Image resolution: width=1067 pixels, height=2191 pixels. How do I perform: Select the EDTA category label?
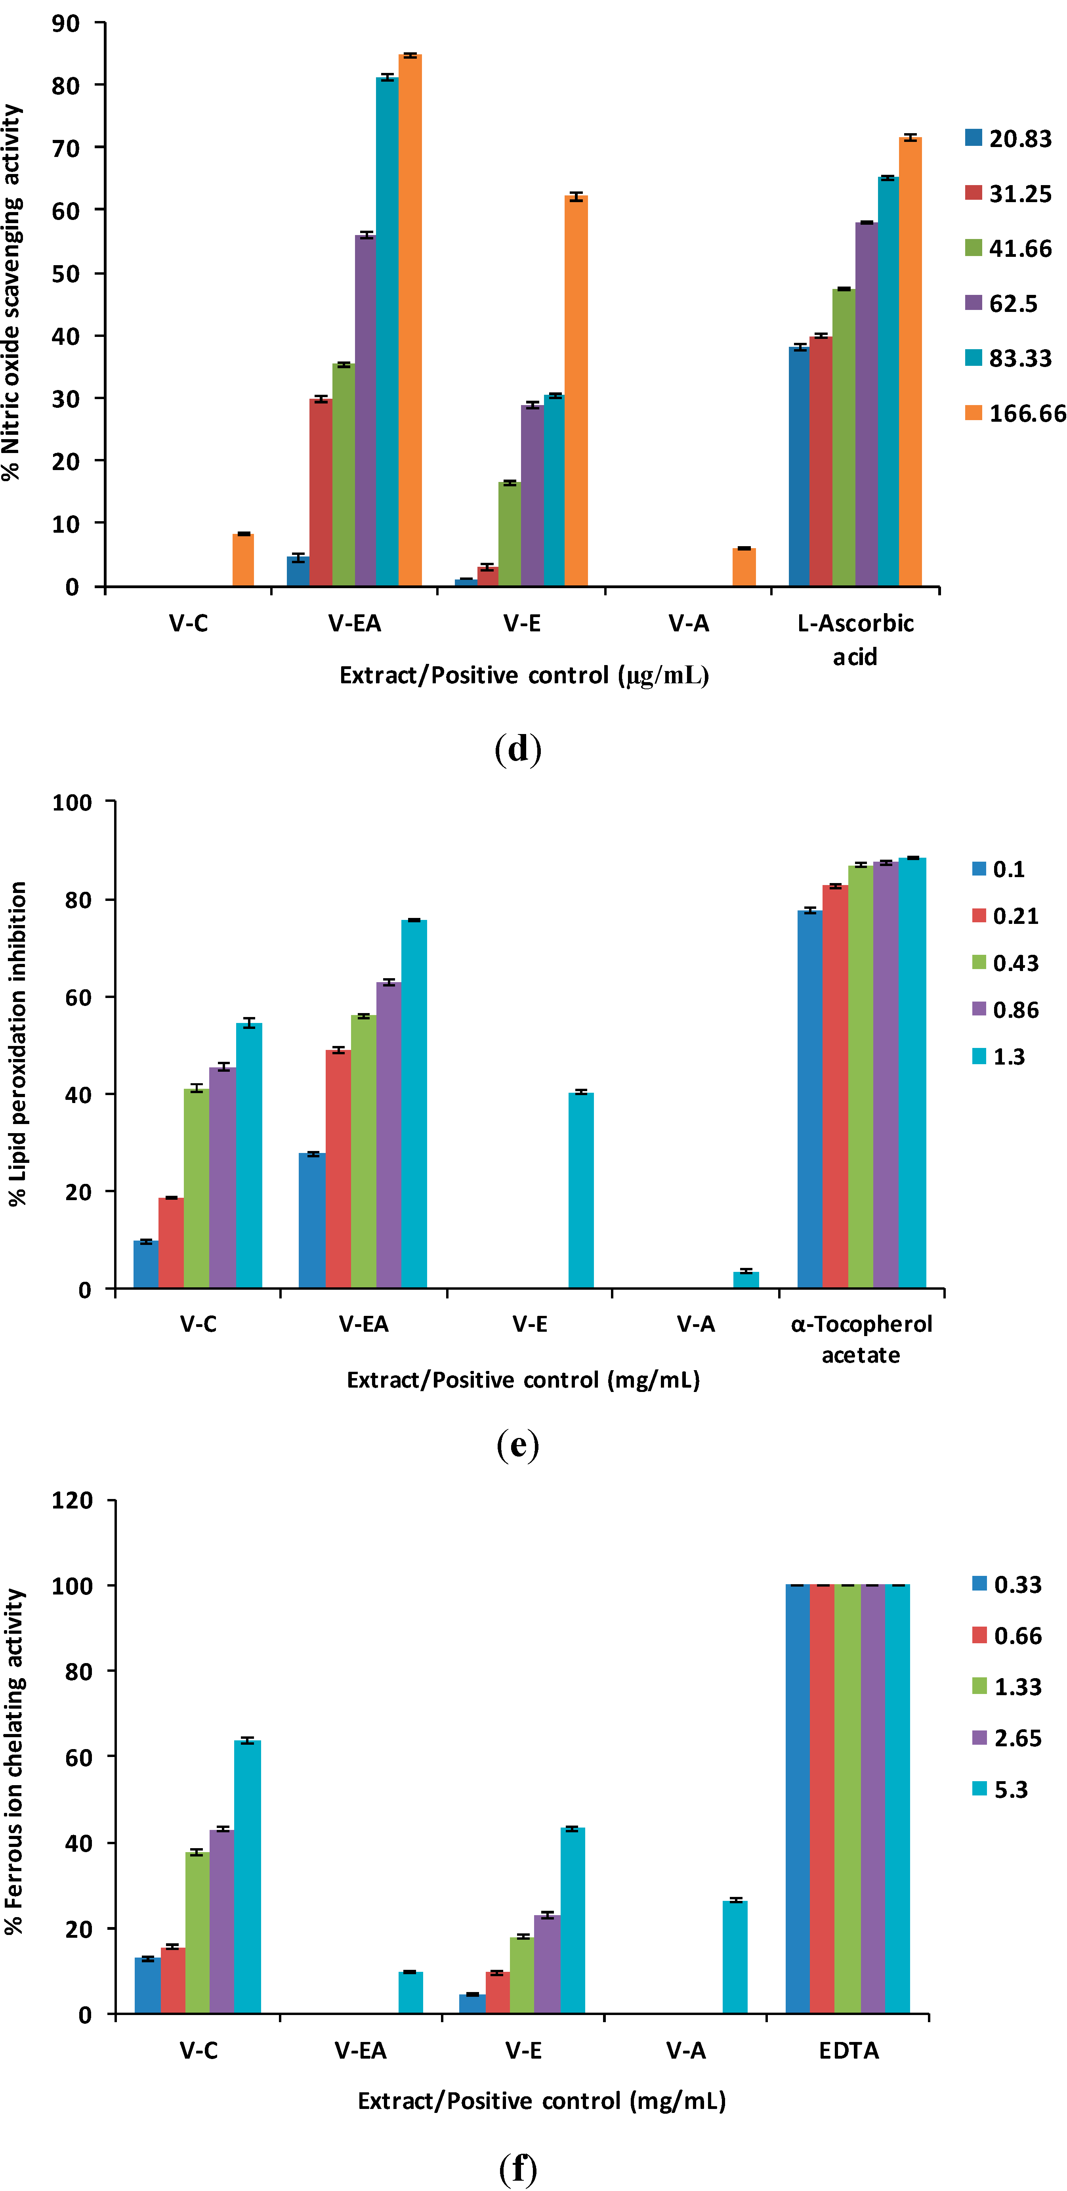(x=849, y=2051)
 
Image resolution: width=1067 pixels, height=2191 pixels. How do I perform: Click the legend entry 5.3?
(x=1010, y=1790)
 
